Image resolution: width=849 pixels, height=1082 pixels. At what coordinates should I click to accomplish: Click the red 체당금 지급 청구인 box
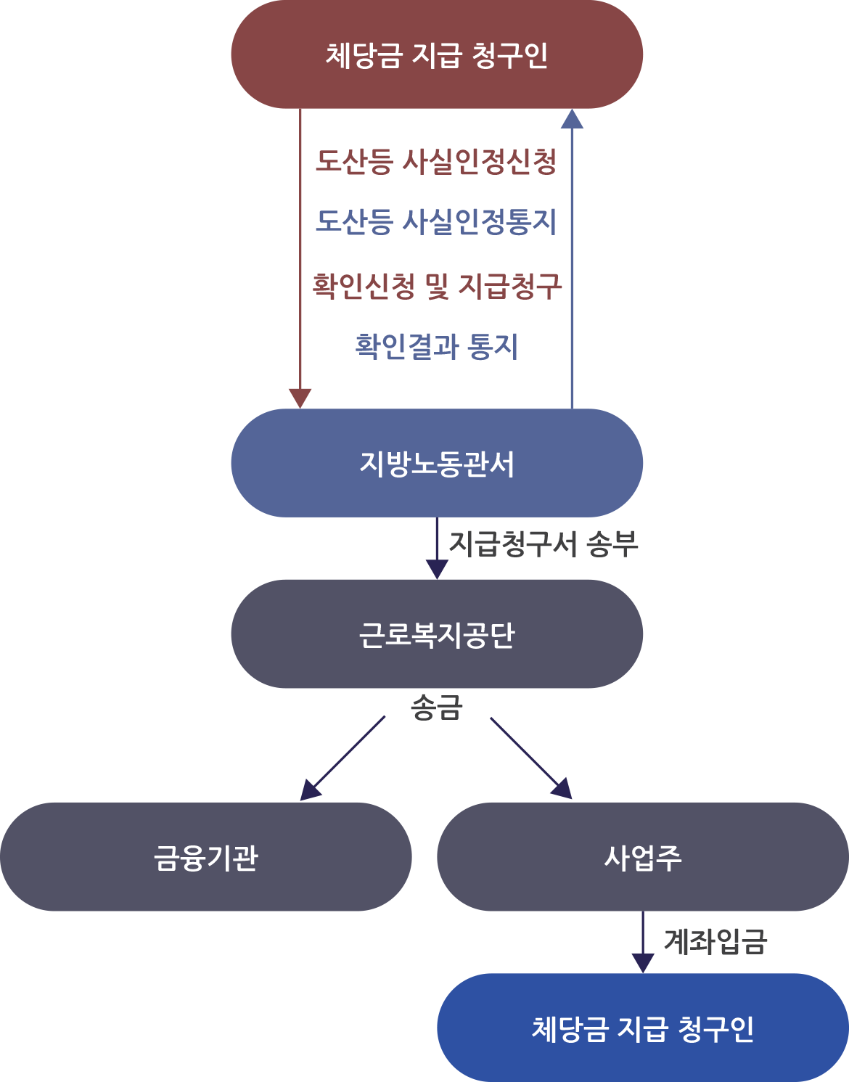point(437,55)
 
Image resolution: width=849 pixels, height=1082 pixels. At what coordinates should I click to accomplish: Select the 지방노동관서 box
point(437,463)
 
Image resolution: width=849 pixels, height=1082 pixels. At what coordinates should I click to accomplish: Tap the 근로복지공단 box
point(437,634)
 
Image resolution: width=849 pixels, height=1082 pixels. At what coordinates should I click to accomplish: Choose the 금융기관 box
point(206,857)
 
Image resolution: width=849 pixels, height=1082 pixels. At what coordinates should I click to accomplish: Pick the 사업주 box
point(643,857)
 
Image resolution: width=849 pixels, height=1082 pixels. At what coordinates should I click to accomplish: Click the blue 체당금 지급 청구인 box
point(643,1028)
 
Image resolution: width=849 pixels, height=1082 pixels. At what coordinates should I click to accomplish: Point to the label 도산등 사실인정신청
point(436,161)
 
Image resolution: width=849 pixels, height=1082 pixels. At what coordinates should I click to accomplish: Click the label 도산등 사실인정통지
point(436,221)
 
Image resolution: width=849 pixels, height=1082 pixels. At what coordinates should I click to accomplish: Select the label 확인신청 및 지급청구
point(437,286)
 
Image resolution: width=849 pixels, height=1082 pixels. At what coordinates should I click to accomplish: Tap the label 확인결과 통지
point(437,346)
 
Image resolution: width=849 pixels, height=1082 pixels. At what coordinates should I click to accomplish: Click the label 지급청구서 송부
point(544,544)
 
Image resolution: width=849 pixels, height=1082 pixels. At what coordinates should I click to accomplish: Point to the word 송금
point(437,707)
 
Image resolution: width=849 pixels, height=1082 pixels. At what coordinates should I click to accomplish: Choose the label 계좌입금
point(715,941)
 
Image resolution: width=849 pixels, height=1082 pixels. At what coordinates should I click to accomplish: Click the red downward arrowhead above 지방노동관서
point(300,398)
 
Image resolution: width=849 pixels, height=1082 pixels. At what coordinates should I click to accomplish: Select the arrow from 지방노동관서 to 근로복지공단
point(437,549)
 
